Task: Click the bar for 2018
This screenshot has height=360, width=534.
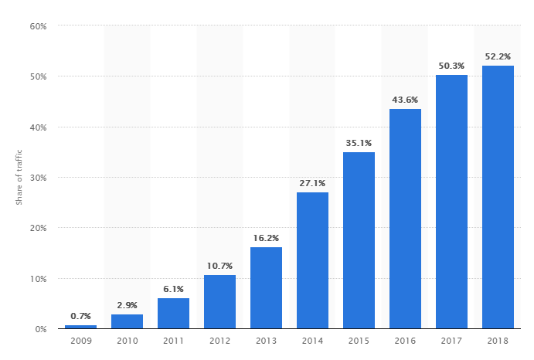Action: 498,197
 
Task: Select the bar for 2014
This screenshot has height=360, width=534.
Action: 312,260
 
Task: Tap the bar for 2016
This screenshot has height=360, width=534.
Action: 405,219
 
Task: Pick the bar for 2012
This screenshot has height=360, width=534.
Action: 219,302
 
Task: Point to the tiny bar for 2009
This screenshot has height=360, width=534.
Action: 80,327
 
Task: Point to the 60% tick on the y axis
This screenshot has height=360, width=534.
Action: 39,26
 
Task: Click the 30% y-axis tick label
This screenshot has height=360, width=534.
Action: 39,178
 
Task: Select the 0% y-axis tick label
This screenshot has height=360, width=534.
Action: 41,329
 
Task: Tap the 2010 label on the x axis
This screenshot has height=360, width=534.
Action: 127,341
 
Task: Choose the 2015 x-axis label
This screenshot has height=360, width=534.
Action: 359,341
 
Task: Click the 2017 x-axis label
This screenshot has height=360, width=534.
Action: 451,341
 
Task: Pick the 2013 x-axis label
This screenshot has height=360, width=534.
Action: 266,341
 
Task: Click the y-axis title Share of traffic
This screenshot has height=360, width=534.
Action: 19,178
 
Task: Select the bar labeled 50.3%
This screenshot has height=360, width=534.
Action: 451,202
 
